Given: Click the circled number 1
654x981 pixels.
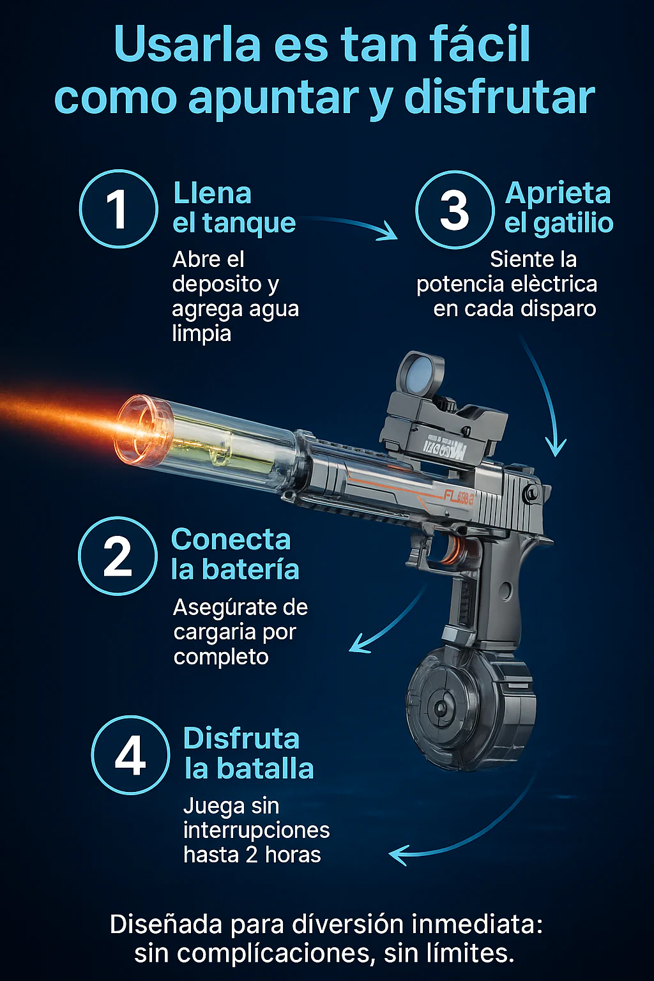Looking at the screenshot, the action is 118,209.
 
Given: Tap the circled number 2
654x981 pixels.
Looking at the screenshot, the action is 118,556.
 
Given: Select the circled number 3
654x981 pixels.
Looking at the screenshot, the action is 455,209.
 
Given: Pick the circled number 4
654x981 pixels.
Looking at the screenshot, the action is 130,754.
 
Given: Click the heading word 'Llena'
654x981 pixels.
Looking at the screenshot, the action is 213,193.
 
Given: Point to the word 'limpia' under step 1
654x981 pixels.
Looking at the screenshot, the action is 201,335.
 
